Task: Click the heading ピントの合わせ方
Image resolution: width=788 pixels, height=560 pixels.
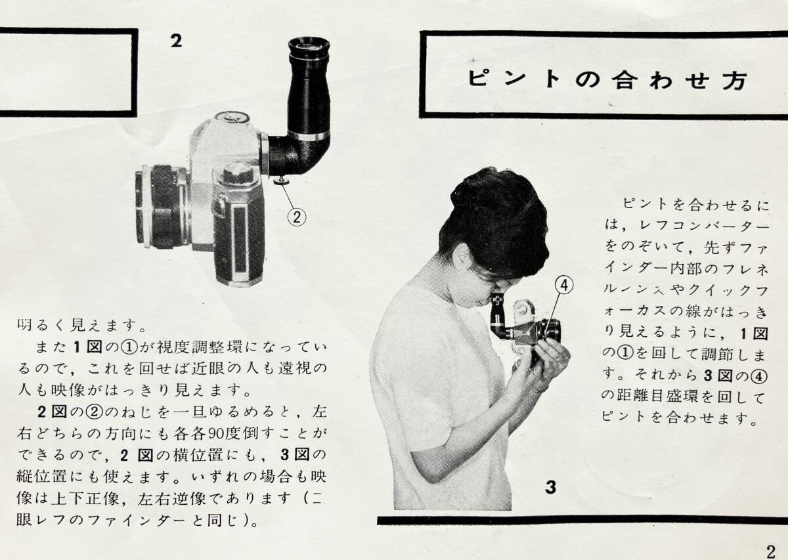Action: pos(607,79)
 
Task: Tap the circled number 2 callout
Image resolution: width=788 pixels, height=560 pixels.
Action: pos(297,217)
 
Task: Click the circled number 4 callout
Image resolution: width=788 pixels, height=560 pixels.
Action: pos(563,286)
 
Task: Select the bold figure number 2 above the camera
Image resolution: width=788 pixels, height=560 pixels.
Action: pos(176,41)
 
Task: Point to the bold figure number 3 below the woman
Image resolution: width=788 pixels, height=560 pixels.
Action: pos(551,487)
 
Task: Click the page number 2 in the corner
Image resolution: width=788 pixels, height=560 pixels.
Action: pos(770,551)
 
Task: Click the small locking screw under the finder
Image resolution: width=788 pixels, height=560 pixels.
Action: pos(281,181)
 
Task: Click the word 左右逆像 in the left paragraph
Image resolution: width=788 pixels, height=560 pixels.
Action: pos(172,499)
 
